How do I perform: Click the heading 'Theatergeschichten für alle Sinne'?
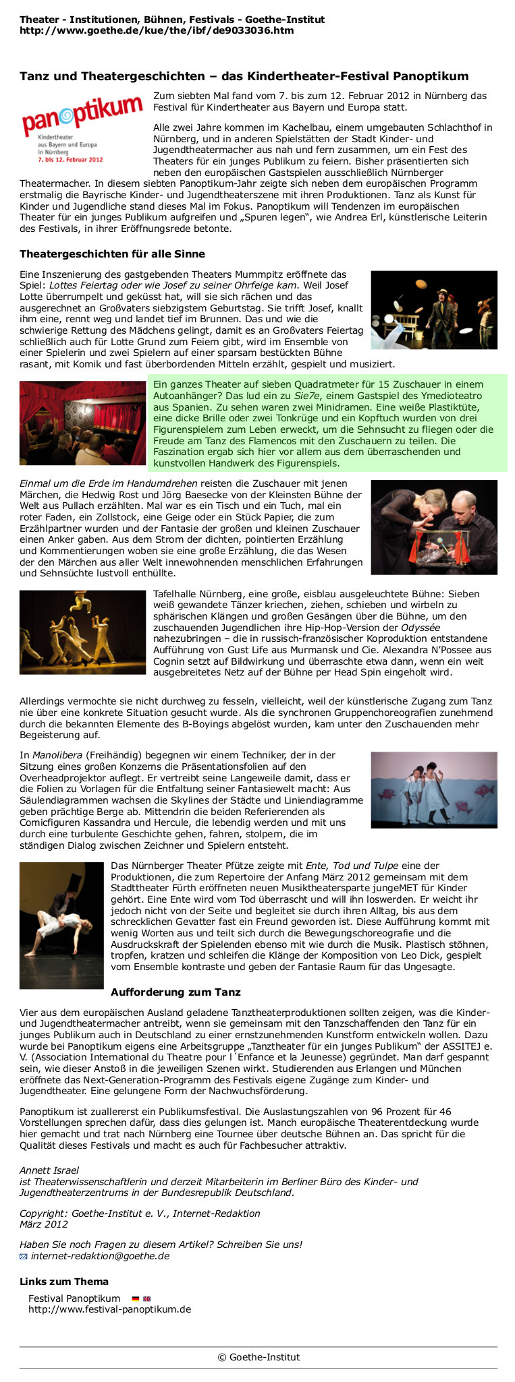(112, 254)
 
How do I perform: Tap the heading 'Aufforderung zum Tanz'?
(175, 992)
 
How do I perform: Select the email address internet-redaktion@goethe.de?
(100, 1256)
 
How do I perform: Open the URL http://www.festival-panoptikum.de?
(109, 1309)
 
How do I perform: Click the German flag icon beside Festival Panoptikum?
(135, 1298)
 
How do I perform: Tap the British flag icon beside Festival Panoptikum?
(147, 1298)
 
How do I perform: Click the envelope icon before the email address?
(24, 1257)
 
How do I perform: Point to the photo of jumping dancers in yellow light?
(82, 632)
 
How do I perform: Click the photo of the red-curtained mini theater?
(82, 423)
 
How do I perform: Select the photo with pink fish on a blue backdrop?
(434, 789)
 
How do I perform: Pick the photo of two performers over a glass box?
(434, 527)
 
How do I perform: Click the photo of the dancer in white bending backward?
(61, 925)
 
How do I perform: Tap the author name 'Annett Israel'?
(49, 1170)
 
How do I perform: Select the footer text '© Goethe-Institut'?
(259, 1357)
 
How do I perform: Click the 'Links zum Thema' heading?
(64, 1282)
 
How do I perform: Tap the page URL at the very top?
(157, 30)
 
